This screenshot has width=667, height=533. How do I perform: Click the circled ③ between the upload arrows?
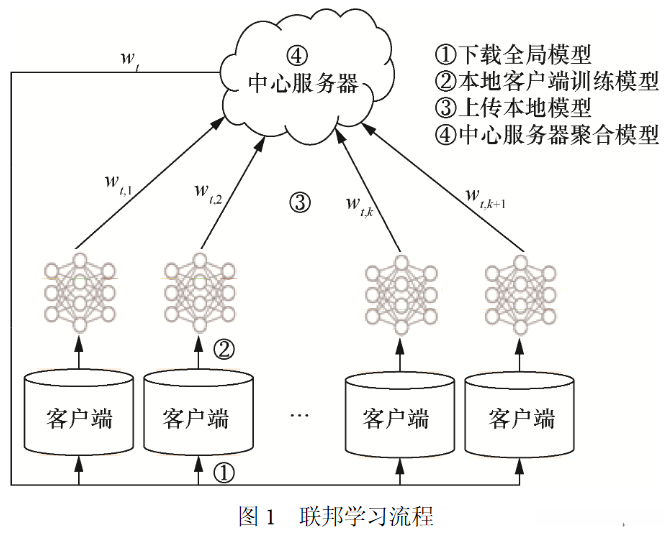[x=300, y=203]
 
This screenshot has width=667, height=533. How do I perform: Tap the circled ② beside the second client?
[x=225, y=349]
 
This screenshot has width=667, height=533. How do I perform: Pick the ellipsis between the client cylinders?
[x=300, y=415]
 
